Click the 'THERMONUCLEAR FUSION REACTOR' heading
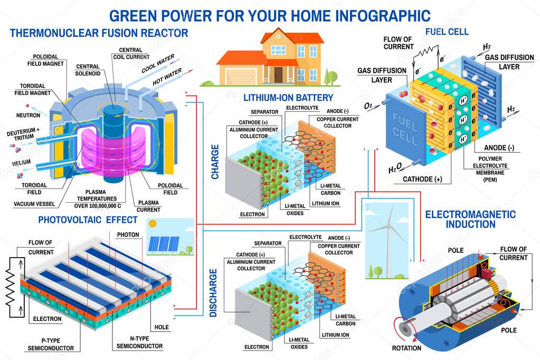(x=99, y=33)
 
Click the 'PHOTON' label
(x=128, y=234)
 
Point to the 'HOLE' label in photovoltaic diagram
(x=162, y=327)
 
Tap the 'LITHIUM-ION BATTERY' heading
(x=288, y=98)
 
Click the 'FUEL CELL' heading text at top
(x=447, y=32)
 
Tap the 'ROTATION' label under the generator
(x=406, y=348)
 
